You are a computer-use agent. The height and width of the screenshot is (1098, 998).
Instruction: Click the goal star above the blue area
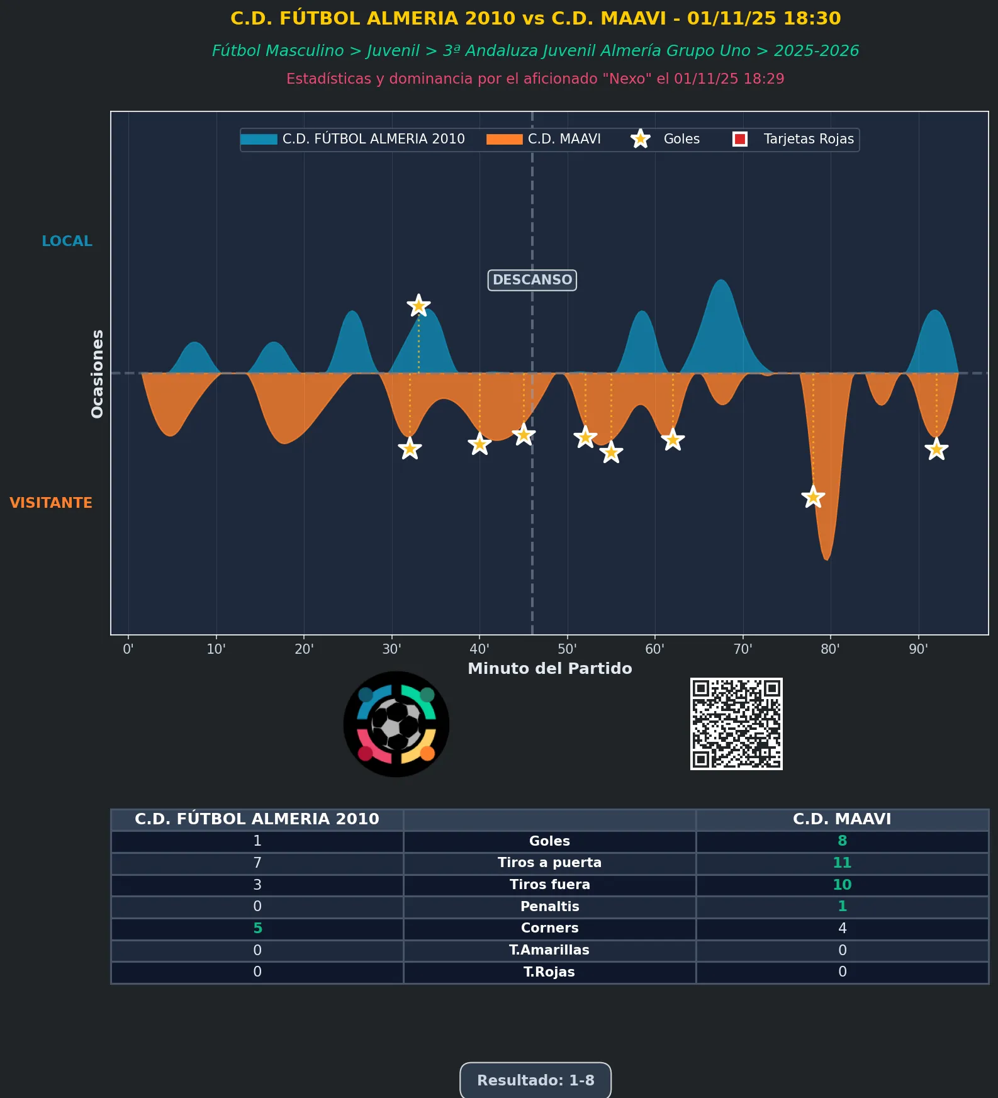point(418,306)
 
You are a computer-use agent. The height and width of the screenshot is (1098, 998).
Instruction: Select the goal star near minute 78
point(813,497)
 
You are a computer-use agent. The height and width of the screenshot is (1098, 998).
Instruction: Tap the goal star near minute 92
point(936,449)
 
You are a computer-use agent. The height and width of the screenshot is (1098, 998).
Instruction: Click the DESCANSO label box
point(532,280)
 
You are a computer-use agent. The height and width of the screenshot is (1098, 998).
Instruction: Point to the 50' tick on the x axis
point(567,649)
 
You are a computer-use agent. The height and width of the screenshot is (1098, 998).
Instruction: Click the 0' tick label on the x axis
point(128,649)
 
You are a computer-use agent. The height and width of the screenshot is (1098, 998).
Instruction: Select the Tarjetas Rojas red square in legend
point(740,139)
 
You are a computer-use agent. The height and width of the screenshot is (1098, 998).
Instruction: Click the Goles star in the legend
point(641,139)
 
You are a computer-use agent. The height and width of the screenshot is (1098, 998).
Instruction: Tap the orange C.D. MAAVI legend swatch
point(504,139)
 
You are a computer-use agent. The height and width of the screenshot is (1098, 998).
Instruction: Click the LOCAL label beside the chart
point(67,241)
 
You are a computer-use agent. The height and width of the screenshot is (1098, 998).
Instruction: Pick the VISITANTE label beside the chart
point(51,503)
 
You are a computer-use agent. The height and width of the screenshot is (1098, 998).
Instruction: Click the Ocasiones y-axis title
point(98,374)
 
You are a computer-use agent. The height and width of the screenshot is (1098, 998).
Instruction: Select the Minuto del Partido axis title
point(549,668)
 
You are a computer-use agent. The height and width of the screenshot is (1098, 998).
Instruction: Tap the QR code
point(736,724)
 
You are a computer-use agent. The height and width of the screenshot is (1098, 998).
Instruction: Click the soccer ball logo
point(396,724)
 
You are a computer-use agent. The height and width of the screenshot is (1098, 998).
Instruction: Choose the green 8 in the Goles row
point(842,841)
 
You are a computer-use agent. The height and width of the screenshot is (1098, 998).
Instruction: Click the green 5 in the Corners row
point(257,928)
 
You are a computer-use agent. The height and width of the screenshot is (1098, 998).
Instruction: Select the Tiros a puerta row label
point(549,863)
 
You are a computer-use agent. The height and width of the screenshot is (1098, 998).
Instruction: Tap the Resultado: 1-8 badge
point(535,1080)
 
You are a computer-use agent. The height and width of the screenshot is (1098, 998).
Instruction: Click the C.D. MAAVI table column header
point(842,819)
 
